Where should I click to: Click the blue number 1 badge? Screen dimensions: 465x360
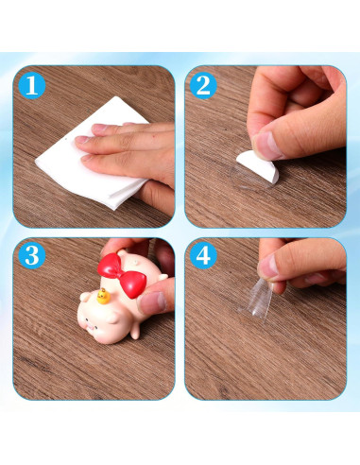tap(33, 86)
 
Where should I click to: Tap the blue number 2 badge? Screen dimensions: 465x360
tap(203, 86)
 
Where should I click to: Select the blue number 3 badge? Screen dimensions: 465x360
tap(33, 257)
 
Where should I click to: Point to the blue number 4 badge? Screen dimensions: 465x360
tap(203, 257)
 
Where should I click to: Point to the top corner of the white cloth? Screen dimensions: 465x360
tap(117, 98)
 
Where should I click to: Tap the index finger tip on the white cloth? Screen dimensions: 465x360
tap(83, 140)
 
